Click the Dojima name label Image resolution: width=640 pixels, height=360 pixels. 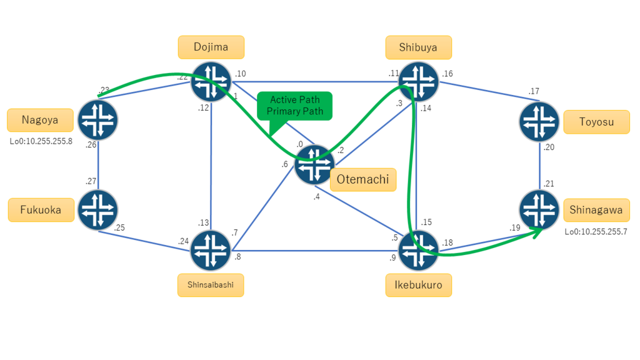(211, 47)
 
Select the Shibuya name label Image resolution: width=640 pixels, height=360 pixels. (418, 47)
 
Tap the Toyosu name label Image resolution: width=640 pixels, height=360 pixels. (596, 122)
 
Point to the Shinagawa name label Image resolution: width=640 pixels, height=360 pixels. (596, 210)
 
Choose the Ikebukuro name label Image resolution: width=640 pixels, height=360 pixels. (418, 285)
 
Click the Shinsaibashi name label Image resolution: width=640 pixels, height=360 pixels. (211, 285)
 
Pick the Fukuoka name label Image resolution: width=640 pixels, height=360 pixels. (41, 210)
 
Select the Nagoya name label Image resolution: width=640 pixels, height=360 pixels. (40, 120)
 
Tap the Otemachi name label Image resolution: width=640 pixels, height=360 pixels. (363, 179)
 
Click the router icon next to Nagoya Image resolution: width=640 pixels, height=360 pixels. (98, 120)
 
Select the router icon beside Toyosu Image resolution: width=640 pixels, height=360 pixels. (539, 122)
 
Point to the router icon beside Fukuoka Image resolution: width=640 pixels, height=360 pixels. (98, 210)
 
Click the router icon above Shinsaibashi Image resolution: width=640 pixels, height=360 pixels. (211, 250)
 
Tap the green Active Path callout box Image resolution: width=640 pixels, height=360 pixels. (295, 106)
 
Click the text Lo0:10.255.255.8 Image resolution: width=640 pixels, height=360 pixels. (41, 142)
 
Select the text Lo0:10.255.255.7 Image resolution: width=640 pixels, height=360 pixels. (596, 232)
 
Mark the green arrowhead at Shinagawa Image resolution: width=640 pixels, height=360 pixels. (537, 232)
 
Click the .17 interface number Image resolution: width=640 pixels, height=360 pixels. (534, 91)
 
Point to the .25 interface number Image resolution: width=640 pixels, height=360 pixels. (119, 227)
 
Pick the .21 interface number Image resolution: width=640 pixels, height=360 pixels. (549, 184)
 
